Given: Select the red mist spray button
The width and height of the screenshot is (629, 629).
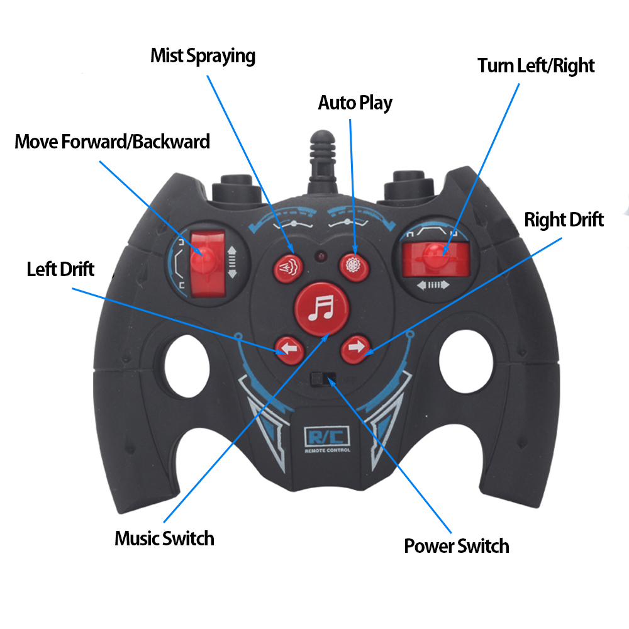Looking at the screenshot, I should coord(288,267).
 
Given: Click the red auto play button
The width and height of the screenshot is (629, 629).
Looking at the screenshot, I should coord(353,265).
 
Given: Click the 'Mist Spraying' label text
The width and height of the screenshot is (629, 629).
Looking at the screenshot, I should coord(203,55).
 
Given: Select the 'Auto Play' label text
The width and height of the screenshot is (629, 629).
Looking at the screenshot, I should coord(355,102).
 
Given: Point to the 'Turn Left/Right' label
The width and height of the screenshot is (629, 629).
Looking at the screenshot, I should coord(536,65).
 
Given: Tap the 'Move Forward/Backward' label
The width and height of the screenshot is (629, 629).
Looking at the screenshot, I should coord(112,142).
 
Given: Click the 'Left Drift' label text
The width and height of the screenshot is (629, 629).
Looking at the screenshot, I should coord(60,269).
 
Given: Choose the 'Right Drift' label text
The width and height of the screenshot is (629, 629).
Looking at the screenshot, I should coord(564,220).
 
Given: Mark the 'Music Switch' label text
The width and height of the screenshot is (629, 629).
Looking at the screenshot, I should coord(164,538).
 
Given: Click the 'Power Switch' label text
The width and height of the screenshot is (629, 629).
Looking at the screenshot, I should coord(456,546).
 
